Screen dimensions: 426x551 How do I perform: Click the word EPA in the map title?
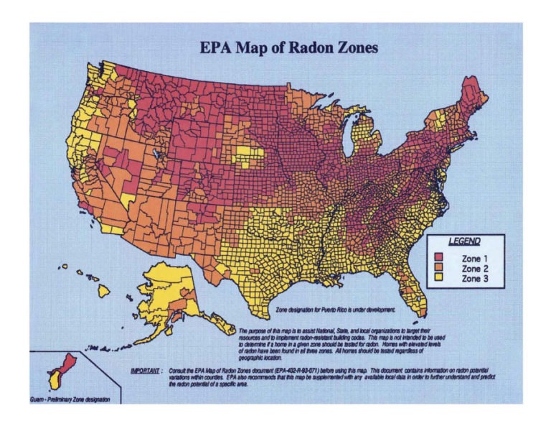tap(215, 49)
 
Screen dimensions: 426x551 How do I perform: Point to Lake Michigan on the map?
tap(349, 140)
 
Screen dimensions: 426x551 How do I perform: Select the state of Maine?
tap(475, 93)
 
